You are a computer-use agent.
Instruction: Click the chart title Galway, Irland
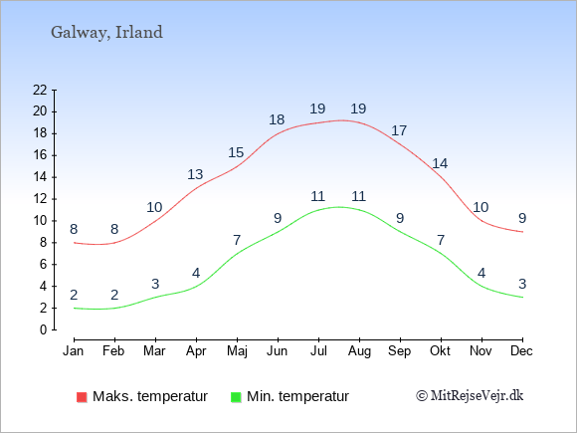[x=106, y=33]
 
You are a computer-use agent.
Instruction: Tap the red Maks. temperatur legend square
[x=82, y=397]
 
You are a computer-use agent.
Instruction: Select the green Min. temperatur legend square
[x=236, y=397]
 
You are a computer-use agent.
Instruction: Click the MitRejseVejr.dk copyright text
[x=470, y=396]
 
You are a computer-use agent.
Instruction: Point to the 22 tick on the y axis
[x=40, y=90]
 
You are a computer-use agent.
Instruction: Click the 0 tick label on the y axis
[x=44, y=329]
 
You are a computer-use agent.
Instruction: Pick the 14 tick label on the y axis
[x=40, y=177]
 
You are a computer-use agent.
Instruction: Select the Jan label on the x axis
[x=74, y=351]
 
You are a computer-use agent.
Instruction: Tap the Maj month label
[x=237, y=351]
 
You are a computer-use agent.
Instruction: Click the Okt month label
[x=440, y=351]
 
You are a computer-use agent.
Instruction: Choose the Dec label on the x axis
[x=521, y=351]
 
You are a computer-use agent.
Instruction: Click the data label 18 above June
[x=277, y=119]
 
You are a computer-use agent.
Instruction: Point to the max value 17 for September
[x=399, y=130]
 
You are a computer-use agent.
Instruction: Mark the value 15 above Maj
[x=236, y=152]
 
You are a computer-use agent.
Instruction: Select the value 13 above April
[x=195, y=174]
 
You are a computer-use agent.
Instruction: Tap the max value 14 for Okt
[x=440, y=163]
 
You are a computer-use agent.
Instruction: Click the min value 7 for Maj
[x=237, y=240]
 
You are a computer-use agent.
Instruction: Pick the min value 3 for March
[x=155, y=284]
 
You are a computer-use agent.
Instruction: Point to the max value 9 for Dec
[x=522, y=218]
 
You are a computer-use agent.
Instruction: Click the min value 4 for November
[x=481, y=273]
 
